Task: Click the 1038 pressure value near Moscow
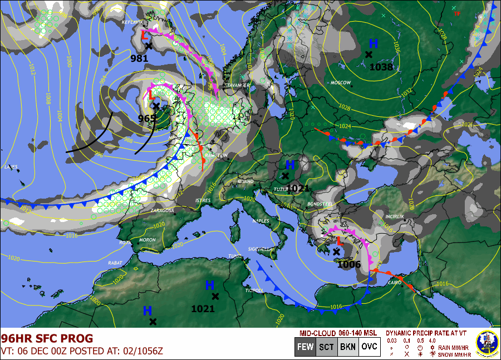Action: [381, 67]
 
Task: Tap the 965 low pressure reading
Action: [148, 118]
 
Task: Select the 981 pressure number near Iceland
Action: [140, 58]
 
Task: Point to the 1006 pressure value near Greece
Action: [349, 264]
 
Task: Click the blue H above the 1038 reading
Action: [373, 43]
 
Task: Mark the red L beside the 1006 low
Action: [340, 240]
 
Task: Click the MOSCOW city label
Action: [341, 83]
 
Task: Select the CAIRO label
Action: [394, 283]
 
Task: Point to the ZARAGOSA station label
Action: [163, 211]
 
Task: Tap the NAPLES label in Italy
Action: [261, 221]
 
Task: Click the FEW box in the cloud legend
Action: [304, 347]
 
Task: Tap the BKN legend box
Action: [347, 347]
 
